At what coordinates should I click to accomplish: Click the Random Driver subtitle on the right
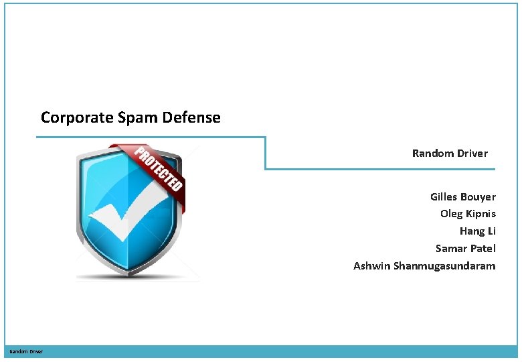pos(450,154)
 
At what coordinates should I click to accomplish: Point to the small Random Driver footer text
pos(25,351)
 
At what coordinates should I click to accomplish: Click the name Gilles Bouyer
pos(462,197)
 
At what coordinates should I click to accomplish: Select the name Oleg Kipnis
pos(468,214)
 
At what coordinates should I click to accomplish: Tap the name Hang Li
pos(477,231)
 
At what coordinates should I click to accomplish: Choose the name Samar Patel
pos(465,249)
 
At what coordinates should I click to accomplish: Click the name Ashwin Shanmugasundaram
pos(424,266)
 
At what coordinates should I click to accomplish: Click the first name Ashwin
pos(371,266)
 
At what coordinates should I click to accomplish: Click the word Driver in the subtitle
pos(472,154)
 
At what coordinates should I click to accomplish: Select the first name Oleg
pos(450,214)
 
